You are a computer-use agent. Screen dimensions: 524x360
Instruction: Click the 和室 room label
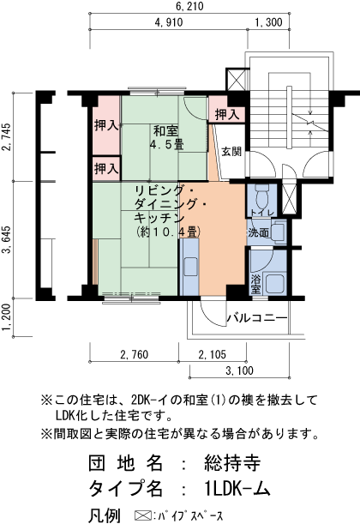click(166, 130)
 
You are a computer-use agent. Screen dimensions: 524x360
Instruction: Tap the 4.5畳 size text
click(166, 145)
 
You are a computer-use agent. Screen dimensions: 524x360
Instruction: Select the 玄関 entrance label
click(231, 153)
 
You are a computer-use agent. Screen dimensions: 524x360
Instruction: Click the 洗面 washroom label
click(259, 232)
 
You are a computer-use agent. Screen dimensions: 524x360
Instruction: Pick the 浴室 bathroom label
click(256, 285)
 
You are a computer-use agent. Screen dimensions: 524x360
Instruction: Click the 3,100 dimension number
click(240, 370)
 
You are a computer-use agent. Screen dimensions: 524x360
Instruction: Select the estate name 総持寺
click(231, 464)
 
